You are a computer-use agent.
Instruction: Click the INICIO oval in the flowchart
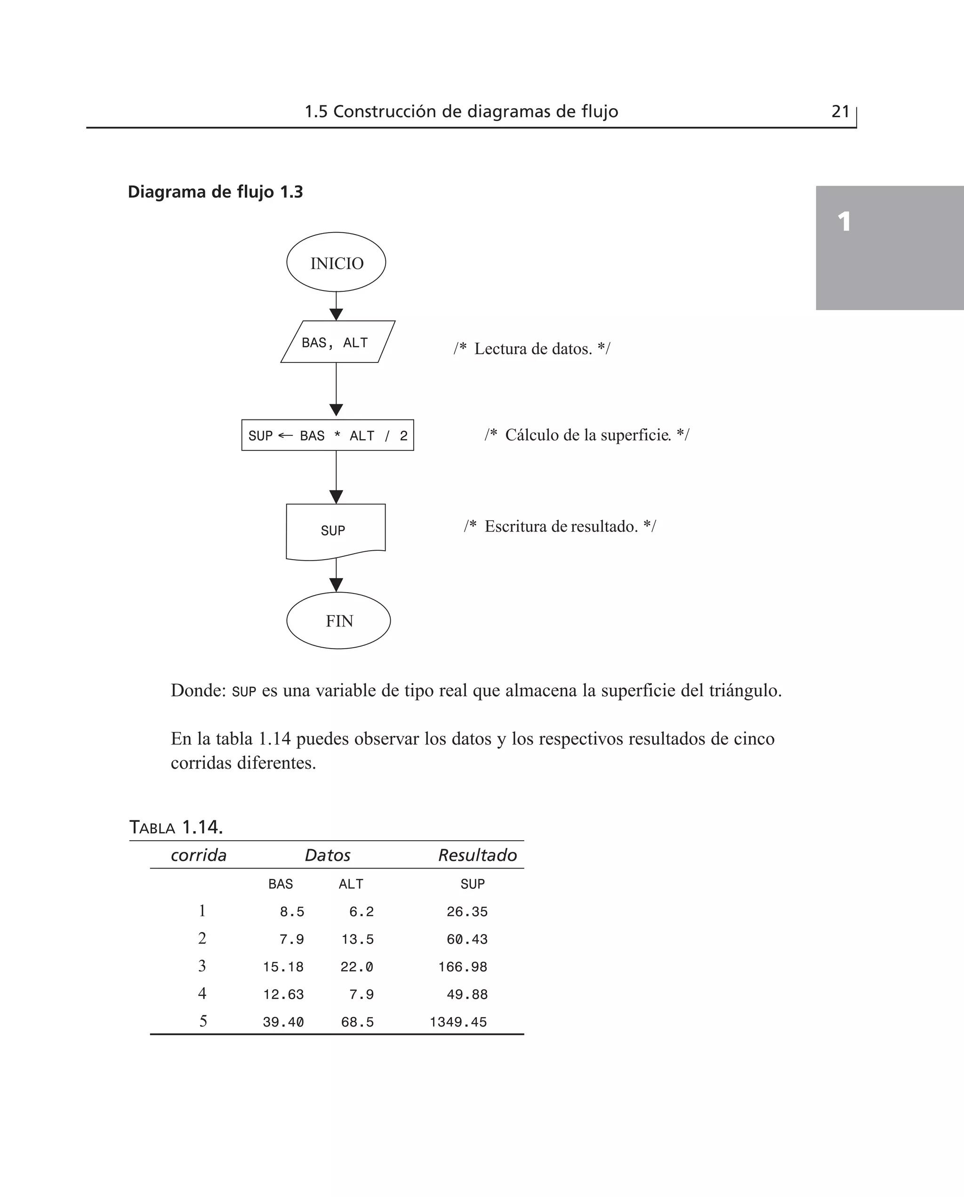coord(336,262)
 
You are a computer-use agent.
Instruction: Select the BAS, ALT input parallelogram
coord(337,342)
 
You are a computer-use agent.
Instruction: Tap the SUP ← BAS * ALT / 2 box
coord(328,435)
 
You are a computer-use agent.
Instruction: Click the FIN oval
coord(338,620)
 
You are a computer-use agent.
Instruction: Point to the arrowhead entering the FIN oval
coord(336,585)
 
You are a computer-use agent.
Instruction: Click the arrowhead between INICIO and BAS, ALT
coord(336,314)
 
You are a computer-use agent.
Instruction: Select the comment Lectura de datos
coord(532,349)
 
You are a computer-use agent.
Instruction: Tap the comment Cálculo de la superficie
coord(587,435)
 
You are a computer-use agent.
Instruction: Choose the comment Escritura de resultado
coord(560,526)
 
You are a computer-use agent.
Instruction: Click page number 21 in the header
coord(840,112)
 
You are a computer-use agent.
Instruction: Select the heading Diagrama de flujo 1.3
coord(216,192)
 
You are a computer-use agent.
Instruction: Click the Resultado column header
coord(478,855)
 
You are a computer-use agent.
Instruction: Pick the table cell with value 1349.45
coord(458,1022)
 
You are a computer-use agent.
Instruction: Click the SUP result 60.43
coord(467,940)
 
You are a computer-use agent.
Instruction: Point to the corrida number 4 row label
coord(202,993)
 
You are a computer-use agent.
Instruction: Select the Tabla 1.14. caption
coord(176,827)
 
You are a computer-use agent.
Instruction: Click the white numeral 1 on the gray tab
coord(844,222)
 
